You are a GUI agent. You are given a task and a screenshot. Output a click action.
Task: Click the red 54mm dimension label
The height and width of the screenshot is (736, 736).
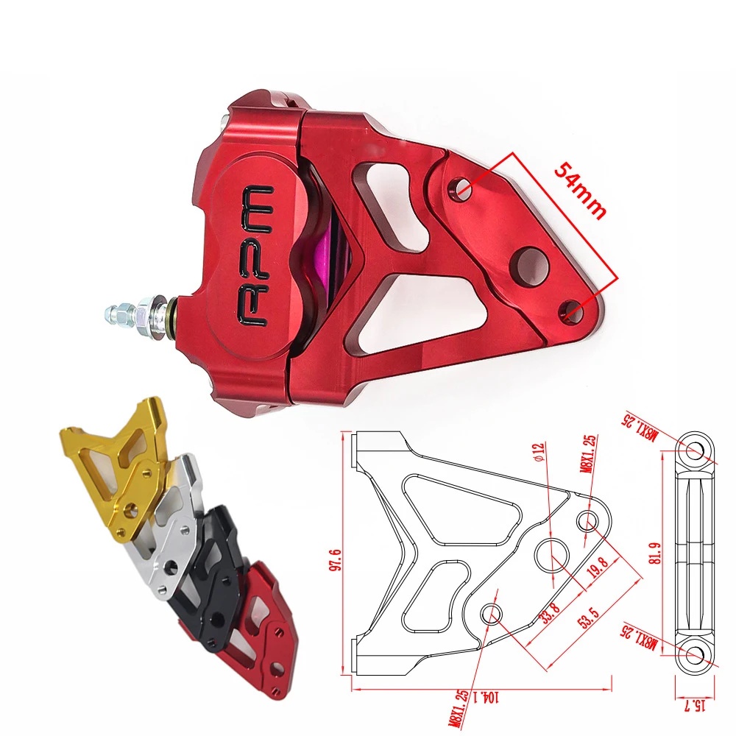pos(580,191)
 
